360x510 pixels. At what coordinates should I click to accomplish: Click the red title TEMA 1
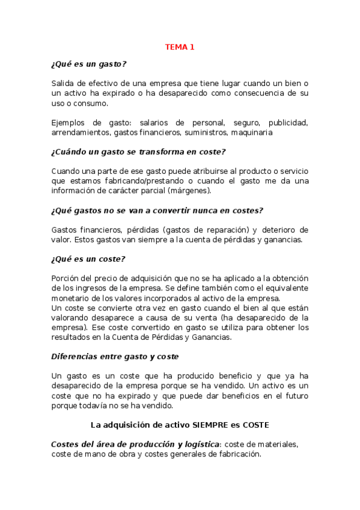[x=180, y=47]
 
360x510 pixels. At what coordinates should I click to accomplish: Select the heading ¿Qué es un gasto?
[x=89, y=64]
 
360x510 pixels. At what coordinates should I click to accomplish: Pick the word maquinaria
[x=252, y=132]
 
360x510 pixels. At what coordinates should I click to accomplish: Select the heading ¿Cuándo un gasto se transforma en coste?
[x=138, y=152]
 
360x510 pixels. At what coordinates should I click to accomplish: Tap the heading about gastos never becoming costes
[x=157, y=210]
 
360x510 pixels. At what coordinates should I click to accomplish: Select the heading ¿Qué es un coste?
[x=88, y=259]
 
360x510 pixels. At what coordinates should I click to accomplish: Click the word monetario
[x=71, y=298]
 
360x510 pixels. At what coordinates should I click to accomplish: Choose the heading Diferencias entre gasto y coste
[x=115, y=356]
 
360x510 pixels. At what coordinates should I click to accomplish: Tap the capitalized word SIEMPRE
[x=213, y=425]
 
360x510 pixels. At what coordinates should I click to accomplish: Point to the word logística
[x=198, y=444]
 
